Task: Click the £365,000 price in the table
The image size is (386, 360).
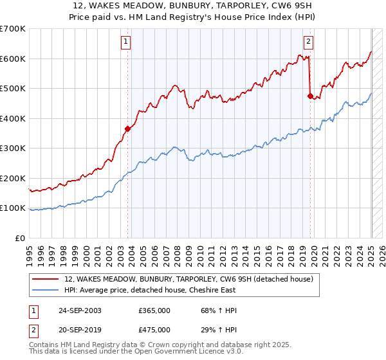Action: tap(154, 310)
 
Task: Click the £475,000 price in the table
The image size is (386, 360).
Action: tap(154, 330)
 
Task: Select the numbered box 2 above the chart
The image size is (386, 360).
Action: tap(308, 43)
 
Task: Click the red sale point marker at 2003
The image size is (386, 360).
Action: tap(127, 129)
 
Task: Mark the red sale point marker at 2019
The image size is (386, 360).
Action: tap(310, 96)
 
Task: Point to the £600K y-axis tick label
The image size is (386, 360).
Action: tap(13, 59)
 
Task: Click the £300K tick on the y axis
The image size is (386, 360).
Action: tap(13, 148)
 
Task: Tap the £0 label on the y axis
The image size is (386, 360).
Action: tap(19, 238)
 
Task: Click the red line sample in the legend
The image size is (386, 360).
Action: tap(45, 279)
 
